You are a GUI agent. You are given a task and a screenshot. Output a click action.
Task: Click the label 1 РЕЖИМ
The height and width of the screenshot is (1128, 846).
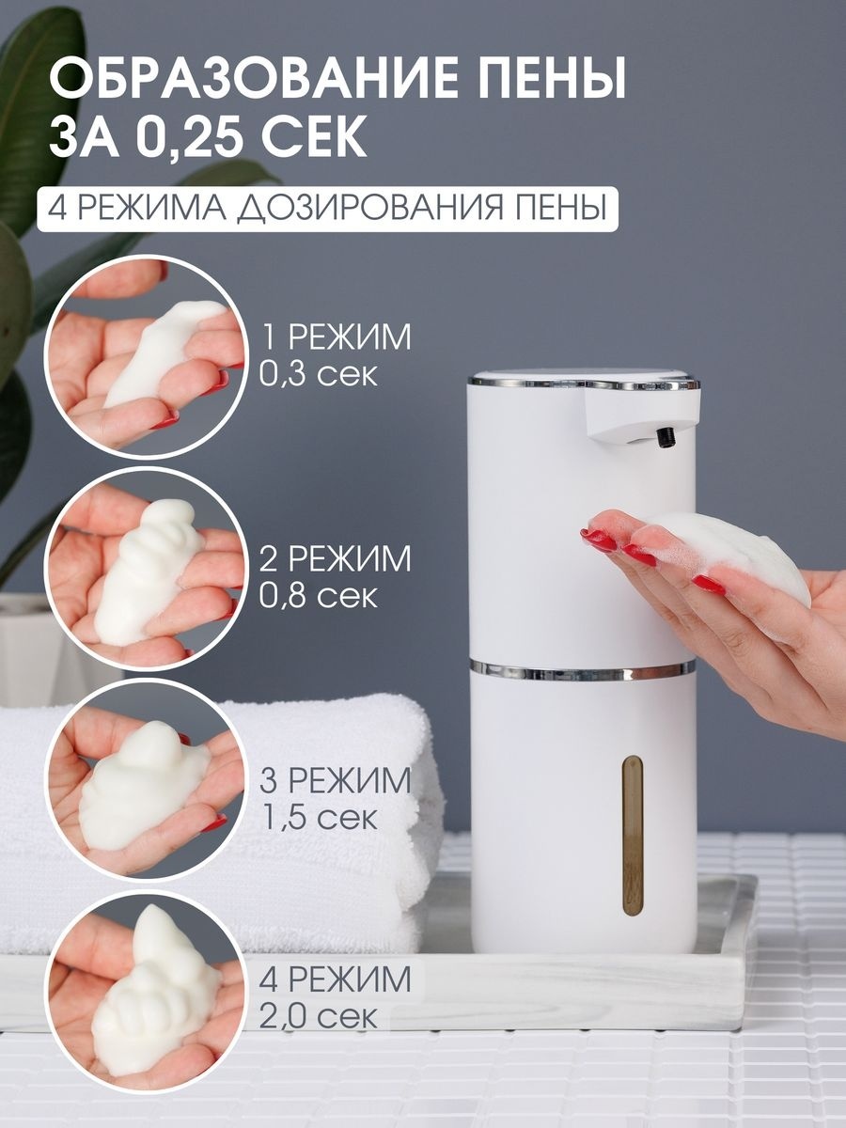[337, 337]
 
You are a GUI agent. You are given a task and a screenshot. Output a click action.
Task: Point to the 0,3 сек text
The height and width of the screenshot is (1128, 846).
[319, 375]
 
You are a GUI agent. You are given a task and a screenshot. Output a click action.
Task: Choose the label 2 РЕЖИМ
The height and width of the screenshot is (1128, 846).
[336, 558]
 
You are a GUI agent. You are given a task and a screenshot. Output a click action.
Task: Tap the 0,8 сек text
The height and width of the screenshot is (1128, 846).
[319, 596]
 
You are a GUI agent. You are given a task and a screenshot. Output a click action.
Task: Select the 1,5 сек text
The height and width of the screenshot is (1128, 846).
[320, 818]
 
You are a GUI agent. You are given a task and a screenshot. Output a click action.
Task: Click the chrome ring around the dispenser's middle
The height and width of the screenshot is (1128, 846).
[581, 670]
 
